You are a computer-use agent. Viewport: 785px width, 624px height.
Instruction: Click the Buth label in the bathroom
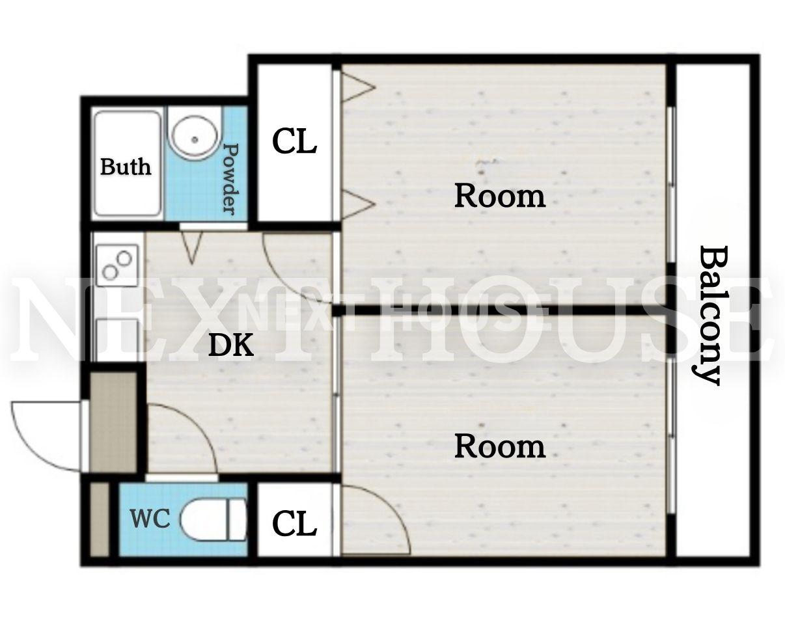click(x=126, y=167)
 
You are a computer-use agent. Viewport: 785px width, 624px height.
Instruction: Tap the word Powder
click(x=231, y=179)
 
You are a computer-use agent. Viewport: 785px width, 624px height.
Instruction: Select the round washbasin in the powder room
click(x=195, y=139)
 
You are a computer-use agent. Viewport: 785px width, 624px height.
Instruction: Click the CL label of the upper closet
click(x=294, y=141)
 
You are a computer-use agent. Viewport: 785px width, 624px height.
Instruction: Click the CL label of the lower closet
click(x=294, y=524)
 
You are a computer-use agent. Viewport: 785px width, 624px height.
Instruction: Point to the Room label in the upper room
click(x=500, y=197)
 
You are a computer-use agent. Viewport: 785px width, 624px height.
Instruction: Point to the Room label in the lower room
click(x=500, y=447)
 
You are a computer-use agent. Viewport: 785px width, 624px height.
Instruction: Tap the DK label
click(x=231, y=346)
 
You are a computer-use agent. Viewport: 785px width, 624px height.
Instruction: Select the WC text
click(x=150, y=518)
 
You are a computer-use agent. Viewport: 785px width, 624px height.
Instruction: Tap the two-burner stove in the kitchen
click(x=117, y=265)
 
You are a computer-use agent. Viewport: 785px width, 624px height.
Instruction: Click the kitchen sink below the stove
click(x=117, y=340)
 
